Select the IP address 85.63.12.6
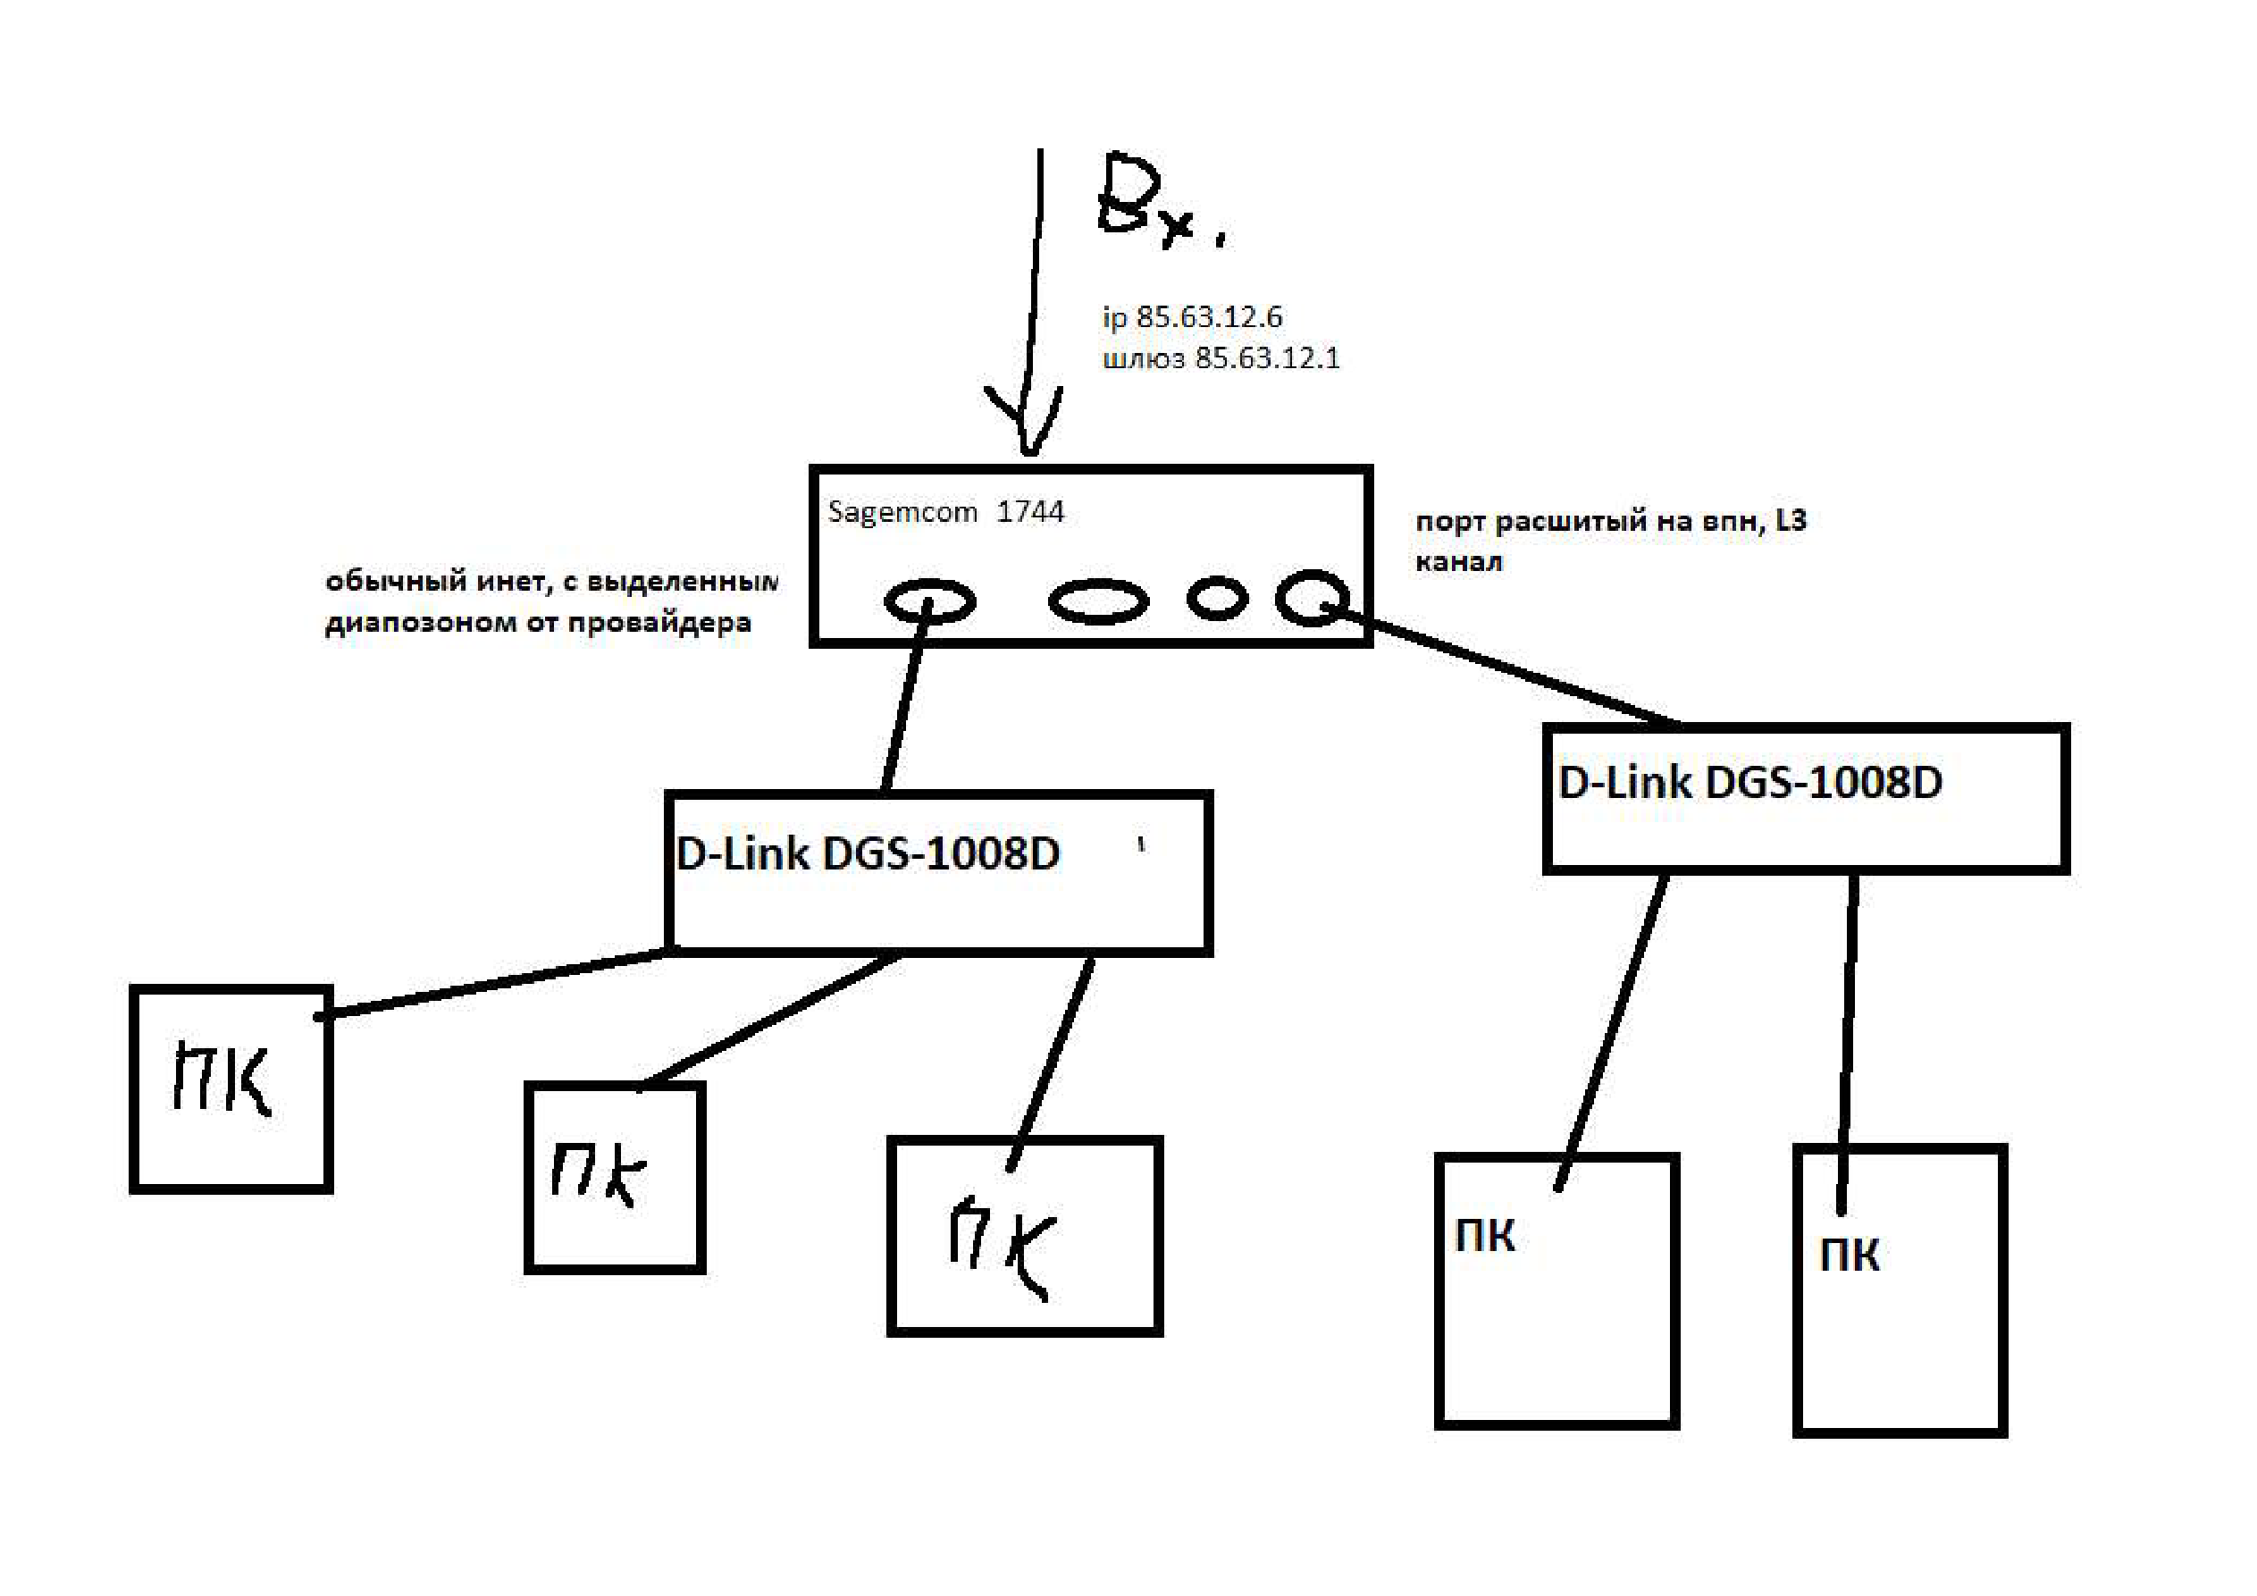pos(1208,316)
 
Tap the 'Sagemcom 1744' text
pos(944,511)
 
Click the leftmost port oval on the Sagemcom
pos(929,601)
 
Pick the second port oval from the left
pos(1098,601)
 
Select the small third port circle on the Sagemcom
pos(1217,597)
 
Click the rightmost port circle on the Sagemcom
pos(1312,597)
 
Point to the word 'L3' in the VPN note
pos(1790,520)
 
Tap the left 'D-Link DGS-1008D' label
pos(867,853)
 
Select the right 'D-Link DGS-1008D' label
pos(1749,783)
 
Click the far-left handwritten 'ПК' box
pos(231,1088)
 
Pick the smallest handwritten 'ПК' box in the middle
pos(615,1177)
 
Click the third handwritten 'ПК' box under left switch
pos(1024,1236)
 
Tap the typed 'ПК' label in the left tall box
pos(1484,1236)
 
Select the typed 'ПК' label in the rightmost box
pos(1849,1256)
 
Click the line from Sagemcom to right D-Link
pos(1504,668)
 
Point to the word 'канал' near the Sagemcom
pos(1459,562)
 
